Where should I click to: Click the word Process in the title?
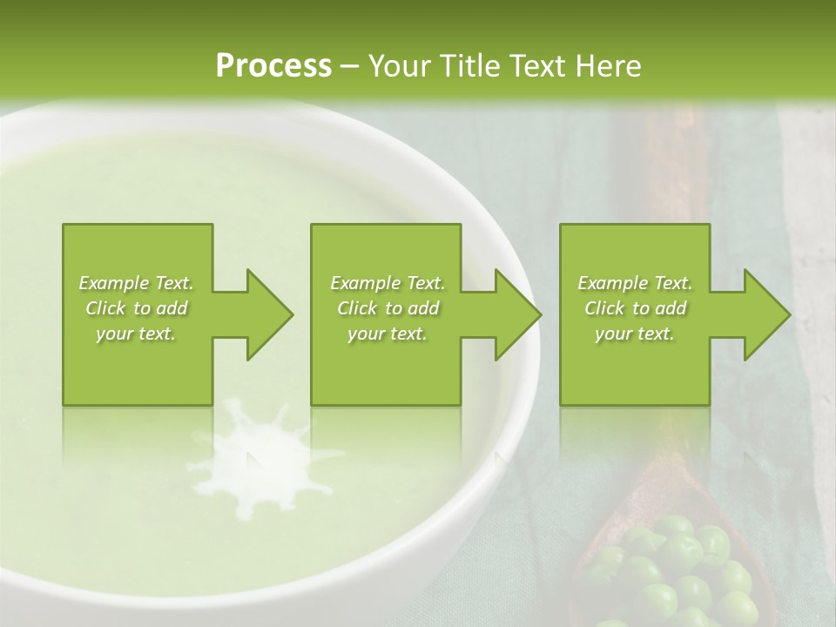coord(273,66)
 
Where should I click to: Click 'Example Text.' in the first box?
coord(137,283)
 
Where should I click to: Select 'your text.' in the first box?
coord(137,334)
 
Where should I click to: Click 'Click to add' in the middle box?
coord(387,308)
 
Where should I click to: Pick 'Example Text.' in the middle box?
coord(387,283)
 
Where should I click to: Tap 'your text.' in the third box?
coord(635,334)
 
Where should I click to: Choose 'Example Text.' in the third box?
coord(635,283)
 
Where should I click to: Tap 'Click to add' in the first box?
coord(137,308)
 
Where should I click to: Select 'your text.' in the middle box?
coord(387,334)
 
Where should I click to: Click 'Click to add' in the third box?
coord(635,308)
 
